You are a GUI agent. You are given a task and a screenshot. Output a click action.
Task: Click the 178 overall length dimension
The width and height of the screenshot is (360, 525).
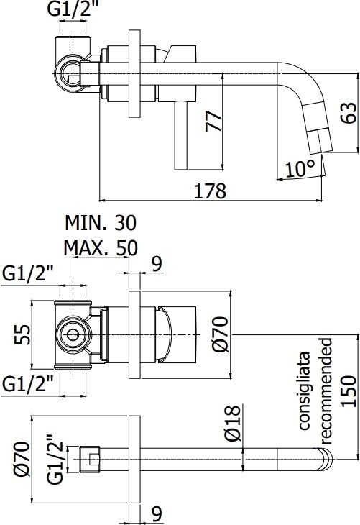click(210, 191)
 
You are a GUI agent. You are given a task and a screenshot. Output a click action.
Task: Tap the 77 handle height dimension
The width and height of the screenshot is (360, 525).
click(213, 121)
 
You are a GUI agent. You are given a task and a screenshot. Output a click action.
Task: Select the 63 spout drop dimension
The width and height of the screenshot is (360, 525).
click(349, 113)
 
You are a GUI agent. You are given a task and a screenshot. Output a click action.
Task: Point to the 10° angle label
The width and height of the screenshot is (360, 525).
click(300, 168)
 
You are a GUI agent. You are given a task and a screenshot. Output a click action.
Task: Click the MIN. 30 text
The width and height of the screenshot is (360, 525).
click(101, 223)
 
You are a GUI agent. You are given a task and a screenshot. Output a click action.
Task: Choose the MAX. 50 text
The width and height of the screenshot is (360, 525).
click(101, 248)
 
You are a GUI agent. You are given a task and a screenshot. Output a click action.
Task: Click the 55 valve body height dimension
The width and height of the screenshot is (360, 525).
click(22, 334)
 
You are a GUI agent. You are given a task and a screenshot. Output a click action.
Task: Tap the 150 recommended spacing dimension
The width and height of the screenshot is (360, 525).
click(349, 391)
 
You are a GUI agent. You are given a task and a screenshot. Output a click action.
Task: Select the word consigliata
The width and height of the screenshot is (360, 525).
click(304, 391)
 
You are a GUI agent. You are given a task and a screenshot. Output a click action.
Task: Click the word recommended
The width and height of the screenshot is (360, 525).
click(326, 391)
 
